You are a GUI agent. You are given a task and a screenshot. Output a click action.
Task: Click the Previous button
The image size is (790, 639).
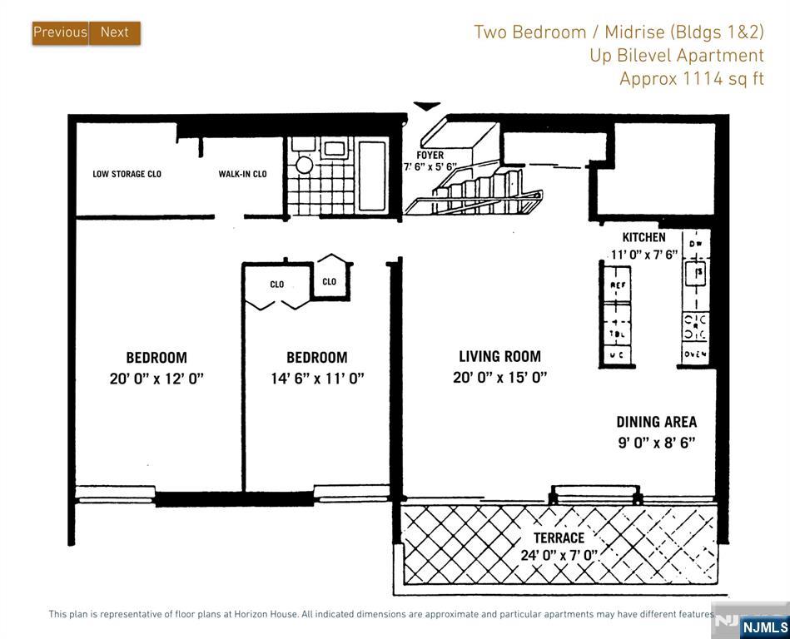tap(60, 32)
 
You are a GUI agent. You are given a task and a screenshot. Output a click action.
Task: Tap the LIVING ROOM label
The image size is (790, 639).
tap(499, 357)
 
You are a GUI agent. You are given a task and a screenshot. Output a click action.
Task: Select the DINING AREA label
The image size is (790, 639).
tap(656, 422)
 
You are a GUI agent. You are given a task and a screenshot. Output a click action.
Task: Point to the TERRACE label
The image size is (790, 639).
tap(559, 537)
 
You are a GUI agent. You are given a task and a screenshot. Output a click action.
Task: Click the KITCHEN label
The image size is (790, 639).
tap(643, 238)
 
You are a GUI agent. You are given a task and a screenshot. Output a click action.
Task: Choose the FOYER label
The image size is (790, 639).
tap(430, 155)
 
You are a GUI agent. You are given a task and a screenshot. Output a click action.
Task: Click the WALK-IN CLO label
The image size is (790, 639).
tap(242, 175)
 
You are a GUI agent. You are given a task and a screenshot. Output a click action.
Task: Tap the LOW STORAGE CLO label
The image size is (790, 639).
tap(127, 175)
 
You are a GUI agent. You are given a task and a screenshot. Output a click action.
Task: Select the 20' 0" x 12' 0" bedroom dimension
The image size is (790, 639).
tap(157, 378)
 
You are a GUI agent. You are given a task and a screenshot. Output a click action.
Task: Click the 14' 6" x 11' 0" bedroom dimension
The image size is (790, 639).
tap(317, 378)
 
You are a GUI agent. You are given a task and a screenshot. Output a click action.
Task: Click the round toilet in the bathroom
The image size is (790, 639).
tap(304, 163)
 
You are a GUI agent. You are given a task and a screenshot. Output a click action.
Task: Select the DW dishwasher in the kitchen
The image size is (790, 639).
tap(696, 243)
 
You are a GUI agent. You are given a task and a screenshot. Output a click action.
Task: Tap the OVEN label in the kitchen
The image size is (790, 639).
tap(696, 355)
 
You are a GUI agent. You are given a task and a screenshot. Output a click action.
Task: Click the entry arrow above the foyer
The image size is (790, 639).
tap(427, 106)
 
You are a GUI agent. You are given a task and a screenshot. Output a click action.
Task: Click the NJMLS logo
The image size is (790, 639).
tap(763, 627)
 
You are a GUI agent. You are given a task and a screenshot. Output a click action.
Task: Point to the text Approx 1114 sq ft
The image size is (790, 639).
tap(691, 79)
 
